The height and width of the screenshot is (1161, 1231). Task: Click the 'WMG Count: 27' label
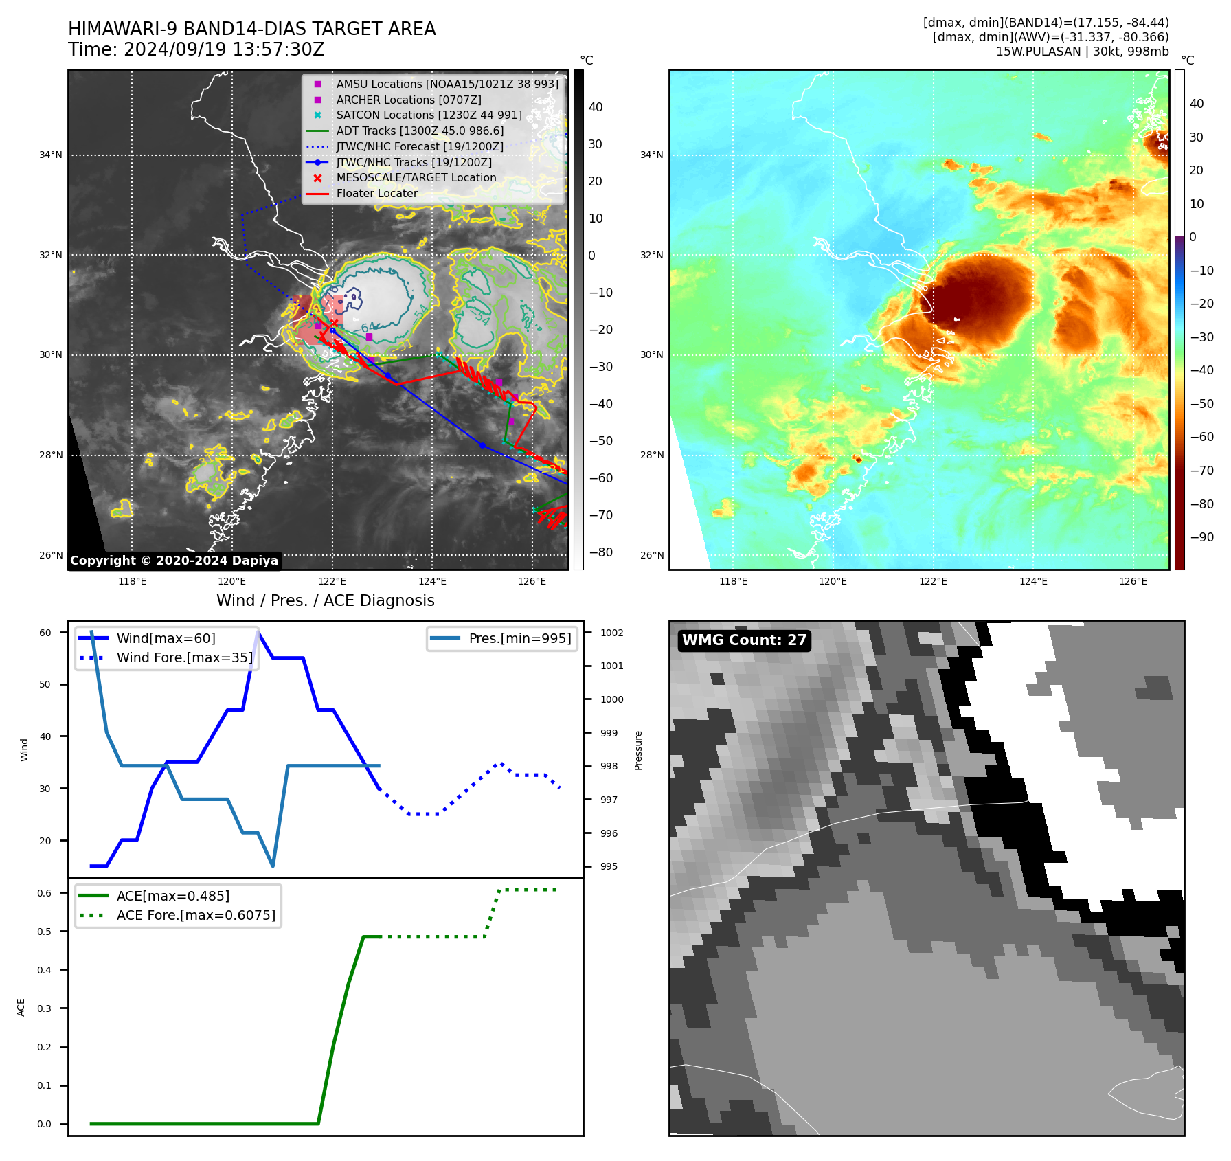point(744,640)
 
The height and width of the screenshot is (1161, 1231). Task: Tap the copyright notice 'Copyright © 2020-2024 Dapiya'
point(174,561)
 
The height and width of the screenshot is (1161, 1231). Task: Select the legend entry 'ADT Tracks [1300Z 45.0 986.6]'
point(420,131)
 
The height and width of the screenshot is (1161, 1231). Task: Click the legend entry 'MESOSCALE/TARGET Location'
point(416,177)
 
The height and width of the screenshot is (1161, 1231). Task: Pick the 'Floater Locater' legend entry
point(376,193)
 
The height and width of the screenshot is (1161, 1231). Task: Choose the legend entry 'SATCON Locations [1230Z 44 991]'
point(429,115)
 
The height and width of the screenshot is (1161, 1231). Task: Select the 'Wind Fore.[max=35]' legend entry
point(184,657)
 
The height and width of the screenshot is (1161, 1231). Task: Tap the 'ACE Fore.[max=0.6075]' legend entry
point(196,915)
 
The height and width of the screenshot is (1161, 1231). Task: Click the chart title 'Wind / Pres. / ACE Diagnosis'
point(325,600)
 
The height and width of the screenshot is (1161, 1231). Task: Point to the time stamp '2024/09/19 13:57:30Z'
point(224,49)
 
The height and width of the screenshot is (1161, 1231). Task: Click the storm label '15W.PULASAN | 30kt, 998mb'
point(1082,52)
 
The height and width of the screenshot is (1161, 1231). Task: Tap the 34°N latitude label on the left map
point(51,155)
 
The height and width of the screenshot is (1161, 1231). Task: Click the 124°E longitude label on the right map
point(1033,581)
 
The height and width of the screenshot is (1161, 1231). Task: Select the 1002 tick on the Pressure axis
point(611,633)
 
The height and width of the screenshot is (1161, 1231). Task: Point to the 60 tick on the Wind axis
point(45,633)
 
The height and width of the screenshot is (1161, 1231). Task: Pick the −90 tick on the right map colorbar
point(1201,537)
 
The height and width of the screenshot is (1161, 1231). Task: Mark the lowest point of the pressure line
point(273,866)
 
